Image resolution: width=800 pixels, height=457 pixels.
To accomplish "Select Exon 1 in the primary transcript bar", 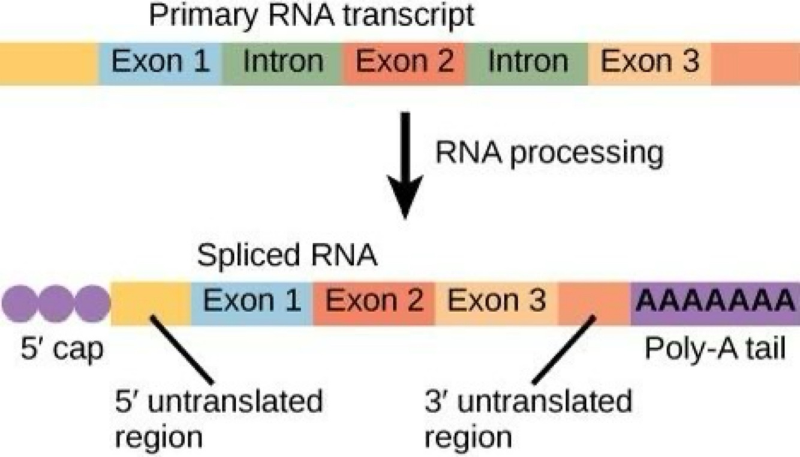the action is coord(161,62).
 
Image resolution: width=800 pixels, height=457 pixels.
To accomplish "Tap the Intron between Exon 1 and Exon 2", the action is coord(283,62).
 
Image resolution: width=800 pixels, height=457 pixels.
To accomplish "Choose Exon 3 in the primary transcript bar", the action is coord(650,62).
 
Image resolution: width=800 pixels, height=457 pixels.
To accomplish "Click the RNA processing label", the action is coord(549,154).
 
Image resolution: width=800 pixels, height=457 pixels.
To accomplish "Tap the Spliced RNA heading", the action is coord(287,256).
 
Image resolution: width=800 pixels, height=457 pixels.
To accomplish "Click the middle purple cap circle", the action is coord(57,302).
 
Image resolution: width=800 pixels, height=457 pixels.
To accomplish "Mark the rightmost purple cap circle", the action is coord(92,302).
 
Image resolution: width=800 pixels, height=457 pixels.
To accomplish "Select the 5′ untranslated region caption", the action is coord(219,418).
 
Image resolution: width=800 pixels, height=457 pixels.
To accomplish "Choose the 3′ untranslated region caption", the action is coord(528,418).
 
